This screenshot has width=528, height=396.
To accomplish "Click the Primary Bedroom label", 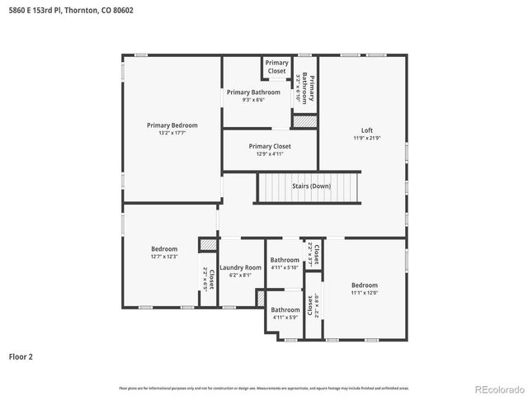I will coord(172,125).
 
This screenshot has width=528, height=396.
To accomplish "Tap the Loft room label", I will coord(367,130).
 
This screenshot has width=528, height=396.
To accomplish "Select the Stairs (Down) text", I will coord(311,186).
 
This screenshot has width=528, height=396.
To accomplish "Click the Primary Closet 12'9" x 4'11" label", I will coord(271,146).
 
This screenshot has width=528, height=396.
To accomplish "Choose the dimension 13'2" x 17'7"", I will coord(172,133).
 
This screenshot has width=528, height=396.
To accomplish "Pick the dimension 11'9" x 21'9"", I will coord(367,138).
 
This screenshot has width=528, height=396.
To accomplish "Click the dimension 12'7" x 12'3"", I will coord(164,257).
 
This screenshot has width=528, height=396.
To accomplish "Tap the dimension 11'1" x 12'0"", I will coord(364,292).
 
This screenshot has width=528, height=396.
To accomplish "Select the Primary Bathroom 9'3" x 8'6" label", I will coord(253,92).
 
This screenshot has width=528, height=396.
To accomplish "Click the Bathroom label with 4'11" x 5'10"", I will coord(285,260).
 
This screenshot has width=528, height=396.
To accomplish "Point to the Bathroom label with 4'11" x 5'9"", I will coord(285,310).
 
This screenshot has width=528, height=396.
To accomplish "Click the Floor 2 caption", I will coord(21,357).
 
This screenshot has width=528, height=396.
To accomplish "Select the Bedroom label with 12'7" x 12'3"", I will coord(164,249).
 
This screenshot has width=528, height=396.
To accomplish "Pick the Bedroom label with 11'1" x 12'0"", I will coord(364,285).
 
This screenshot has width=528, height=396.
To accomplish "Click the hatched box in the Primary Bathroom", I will coord(304,121).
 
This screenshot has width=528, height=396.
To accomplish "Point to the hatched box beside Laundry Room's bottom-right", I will coord(260,299).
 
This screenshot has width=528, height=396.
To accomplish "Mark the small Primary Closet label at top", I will coord(277,67).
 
